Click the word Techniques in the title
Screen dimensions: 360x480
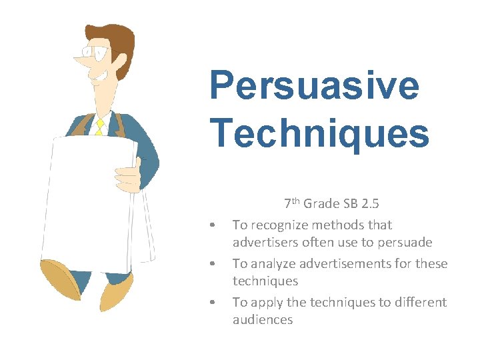coord(319,133)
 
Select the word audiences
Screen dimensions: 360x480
coord(263,320)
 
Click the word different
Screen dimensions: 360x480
coord(421,303)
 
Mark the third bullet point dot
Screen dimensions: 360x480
coord(211,303)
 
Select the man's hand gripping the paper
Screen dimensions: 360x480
coord(129,175)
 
